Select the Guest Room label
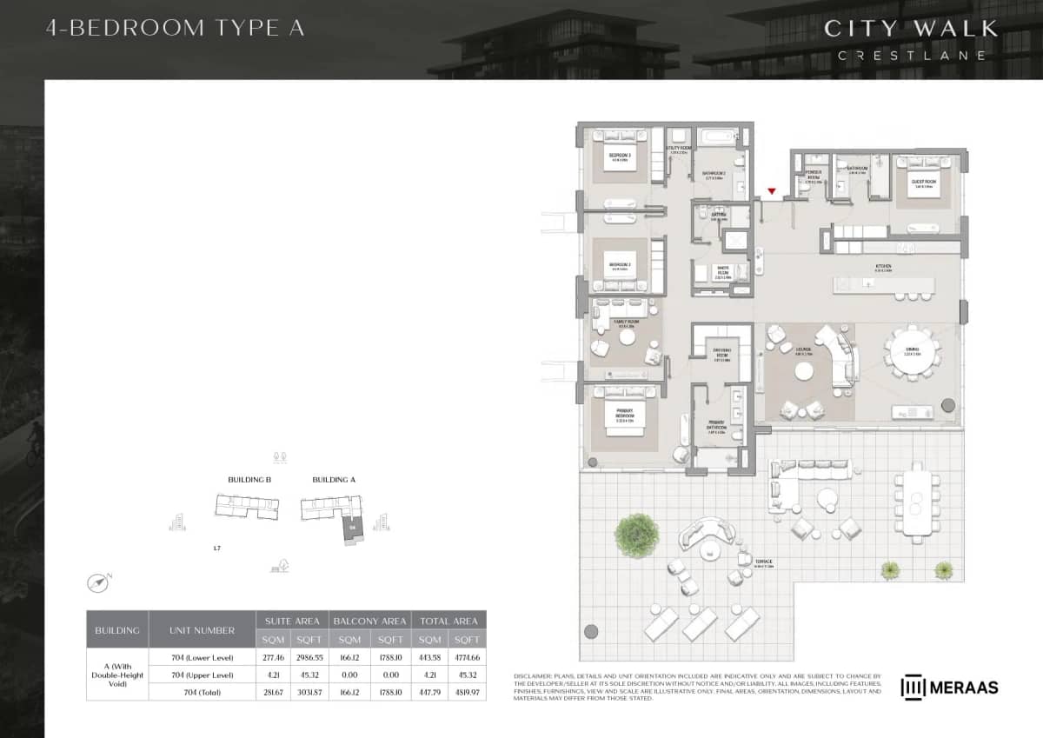(x=922, y=183)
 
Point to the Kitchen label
(x=883, y=266)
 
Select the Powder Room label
(x=814, y=176)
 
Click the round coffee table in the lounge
(x=805, y=371)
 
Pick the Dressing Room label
(x=721, y=354)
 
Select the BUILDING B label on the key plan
(x=249, y=480)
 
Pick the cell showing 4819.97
(x=467, y=692)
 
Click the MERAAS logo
(x=949, y=688)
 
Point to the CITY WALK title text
(x=910, y=28)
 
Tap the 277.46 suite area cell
(x=274, y=657)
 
